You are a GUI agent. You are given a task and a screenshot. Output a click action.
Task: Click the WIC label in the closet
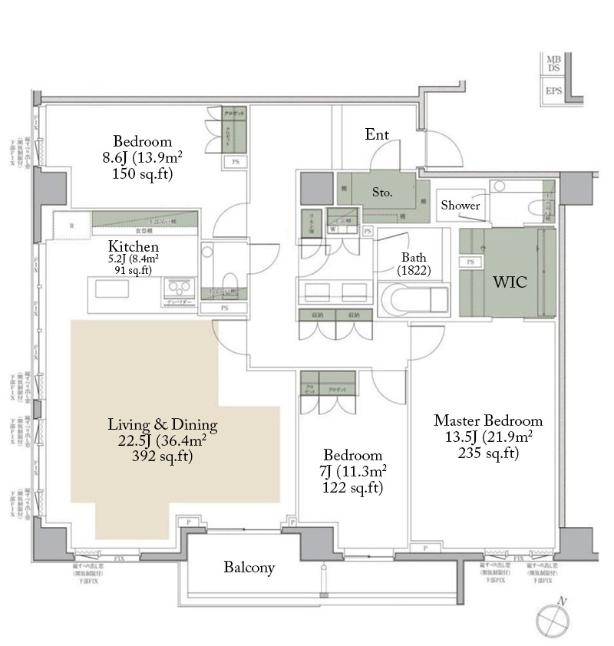coord(509,282)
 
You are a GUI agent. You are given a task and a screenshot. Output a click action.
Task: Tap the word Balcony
coord(249,568)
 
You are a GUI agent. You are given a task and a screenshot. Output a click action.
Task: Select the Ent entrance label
coord(377,135)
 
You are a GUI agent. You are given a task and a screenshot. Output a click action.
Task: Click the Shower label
coord(460,206)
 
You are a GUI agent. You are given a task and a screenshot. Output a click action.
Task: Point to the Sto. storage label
coord(382,193)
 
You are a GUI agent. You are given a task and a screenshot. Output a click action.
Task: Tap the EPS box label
coord(553,91)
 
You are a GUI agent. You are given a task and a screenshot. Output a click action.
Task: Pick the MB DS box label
coord(553,64)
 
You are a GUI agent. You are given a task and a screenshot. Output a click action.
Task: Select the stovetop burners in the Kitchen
coord(180,288)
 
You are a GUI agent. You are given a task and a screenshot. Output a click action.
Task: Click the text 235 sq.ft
coord(488,453)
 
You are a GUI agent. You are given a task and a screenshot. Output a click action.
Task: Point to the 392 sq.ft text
coord(162,456)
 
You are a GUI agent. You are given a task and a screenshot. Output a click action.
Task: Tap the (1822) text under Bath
coord(414,271)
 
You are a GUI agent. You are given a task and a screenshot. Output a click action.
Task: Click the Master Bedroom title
coord(488,420)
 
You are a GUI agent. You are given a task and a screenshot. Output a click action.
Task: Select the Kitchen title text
coord(134,247)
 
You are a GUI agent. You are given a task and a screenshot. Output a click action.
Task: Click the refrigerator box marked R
coord(71,226)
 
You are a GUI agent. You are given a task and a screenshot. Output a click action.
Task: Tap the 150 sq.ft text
coord(142,174)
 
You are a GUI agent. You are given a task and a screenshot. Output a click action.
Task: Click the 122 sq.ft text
coord(354,487)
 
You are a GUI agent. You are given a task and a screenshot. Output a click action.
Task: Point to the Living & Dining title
coord(163,424)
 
